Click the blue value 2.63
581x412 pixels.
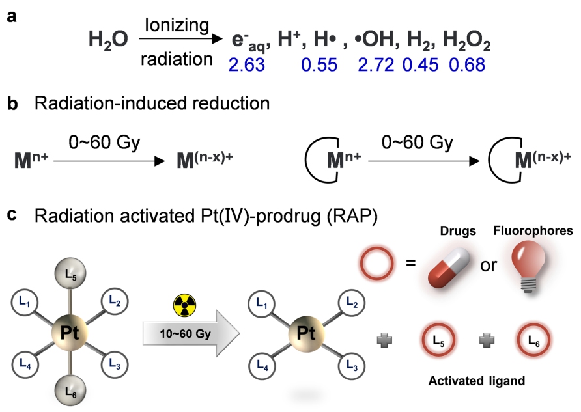[246, 64]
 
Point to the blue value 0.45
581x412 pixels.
[422, 64]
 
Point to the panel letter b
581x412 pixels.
[12, 105]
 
